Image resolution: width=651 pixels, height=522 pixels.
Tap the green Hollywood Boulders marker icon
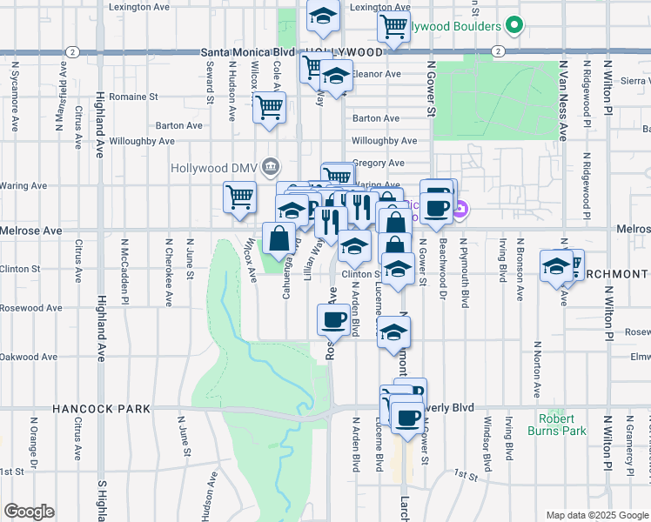point(515,26)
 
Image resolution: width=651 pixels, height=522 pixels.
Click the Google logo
point(29,512)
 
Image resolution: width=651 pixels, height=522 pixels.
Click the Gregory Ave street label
point(378,163)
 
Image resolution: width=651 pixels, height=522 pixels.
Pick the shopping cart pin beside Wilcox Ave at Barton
point(270,108)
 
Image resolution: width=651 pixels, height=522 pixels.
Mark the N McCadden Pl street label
point(125,271)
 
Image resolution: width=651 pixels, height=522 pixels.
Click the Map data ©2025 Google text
point(596,515)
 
